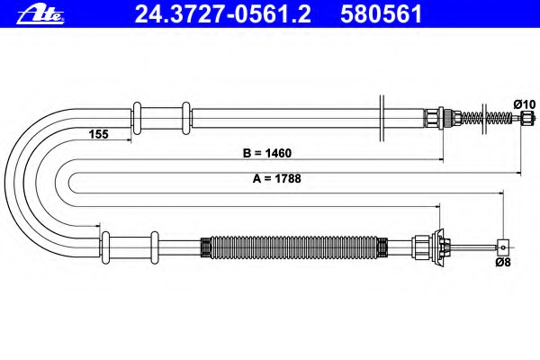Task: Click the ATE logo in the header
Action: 40,14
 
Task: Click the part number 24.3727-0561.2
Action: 223,14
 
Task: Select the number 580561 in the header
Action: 382,14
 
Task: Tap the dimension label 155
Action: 98,134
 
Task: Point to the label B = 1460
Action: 267,153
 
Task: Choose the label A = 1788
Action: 277,178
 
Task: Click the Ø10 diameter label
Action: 525,104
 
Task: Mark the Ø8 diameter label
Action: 503,263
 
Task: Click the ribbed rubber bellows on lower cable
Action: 293,247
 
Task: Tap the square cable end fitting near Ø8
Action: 503,247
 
